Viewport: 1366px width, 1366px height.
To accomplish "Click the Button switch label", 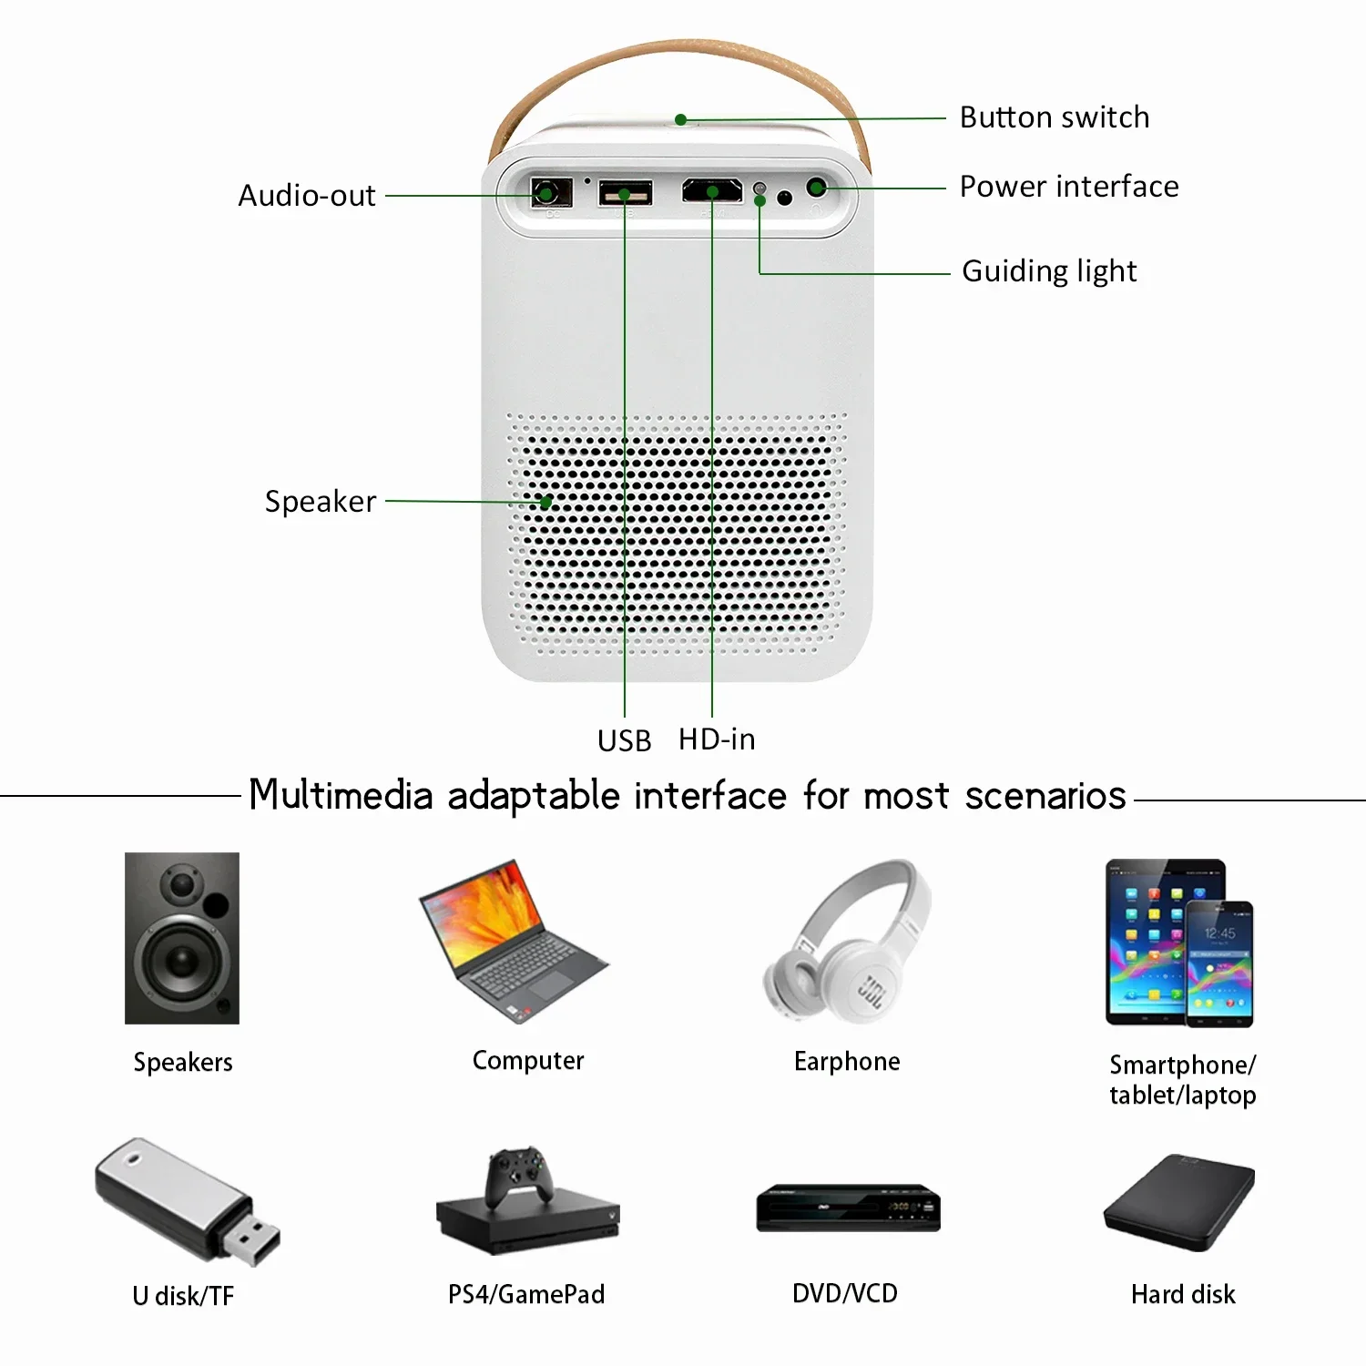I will [1054, 117].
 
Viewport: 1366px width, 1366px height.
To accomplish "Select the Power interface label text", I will [1068, 187].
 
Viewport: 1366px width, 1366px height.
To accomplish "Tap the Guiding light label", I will [1049, 271].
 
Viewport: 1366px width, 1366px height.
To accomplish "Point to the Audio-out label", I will [307, 196].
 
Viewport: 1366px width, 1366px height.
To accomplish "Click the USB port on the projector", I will [625, 194].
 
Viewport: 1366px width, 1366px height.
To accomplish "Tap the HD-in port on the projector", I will [712, 191].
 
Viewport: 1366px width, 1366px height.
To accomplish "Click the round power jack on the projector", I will [816, 189].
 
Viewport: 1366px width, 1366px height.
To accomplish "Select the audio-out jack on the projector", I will [546, 193].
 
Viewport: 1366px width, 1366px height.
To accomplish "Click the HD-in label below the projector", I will [717, 739].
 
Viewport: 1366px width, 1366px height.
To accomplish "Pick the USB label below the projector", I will [624, 741].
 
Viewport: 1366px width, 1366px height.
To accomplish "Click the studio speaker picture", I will [182, 938].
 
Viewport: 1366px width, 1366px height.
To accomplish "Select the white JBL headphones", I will [847, 943].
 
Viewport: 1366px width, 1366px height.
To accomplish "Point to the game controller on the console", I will [518, 1175].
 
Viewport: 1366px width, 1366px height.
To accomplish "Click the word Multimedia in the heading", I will [341, 795].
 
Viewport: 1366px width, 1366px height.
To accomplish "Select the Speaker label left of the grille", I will [320, 502].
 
